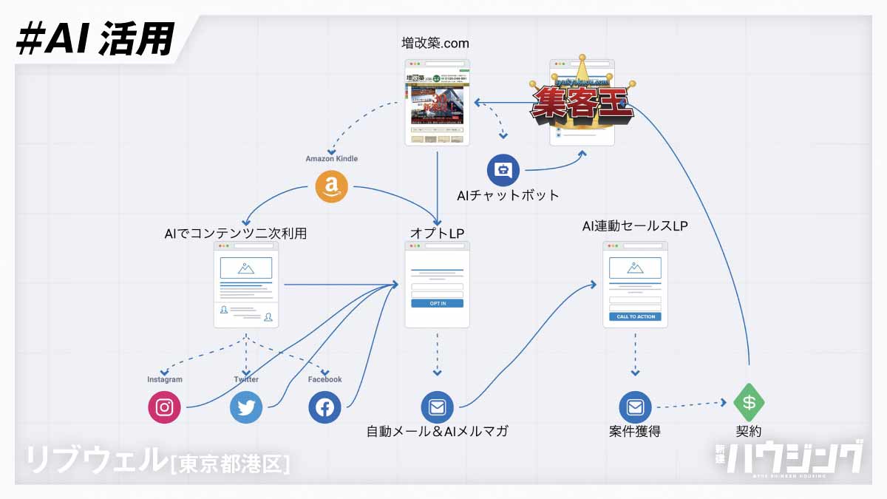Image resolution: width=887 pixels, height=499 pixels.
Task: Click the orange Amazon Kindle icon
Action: (x=331, y=186)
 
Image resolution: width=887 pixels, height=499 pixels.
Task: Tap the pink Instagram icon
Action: (x=164, y=407)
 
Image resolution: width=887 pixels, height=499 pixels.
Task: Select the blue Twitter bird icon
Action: (x=246, y=407)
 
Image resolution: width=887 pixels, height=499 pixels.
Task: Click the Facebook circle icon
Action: (x=324, y=407)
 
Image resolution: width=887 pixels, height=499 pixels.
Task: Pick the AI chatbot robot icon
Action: (x=503, y=171)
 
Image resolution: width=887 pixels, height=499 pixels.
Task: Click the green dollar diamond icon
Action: (x=749, y=403)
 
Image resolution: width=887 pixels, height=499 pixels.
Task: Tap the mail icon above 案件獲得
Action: (x=635, y=407)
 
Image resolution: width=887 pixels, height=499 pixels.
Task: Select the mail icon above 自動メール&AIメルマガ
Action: (x=437, y=407)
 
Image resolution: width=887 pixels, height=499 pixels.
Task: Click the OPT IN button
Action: (x=437, y=303)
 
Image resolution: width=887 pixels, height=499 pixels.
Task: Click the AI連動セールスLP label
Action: (x=635, y=227)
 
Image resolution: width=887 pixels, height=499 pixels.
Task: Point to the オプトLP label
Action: (x=437, y=234)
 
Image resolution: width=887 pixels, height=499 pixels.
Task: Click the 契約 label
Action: (x=749, y=431)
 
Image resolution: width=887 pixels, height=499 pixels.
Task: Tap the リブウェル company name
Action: (x=96, y=460)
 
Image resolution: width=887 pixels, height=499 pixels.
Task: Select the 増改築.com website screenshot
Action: (x=438, y=103)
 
